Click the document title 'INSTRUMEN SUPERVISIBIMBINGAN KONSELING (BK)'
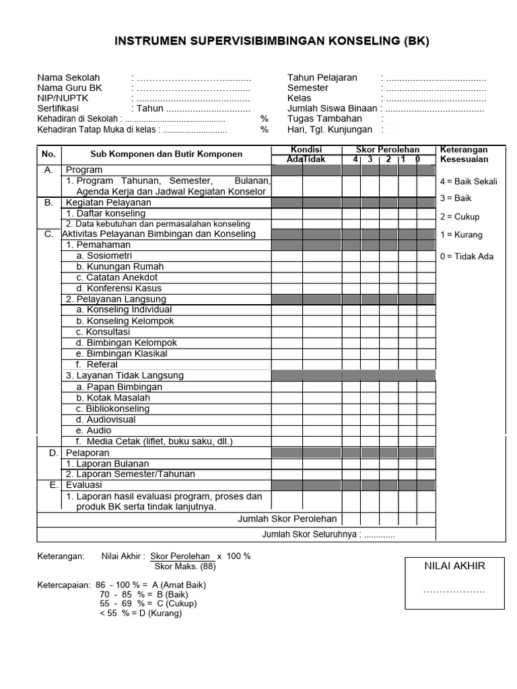coord(272,42)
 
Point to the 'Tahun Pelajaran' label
coord(322,77)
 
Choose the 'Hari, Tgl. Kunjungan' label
coord(329,129)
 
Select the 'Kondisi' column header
coord(306,149)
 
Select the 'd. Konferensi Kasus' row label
coord(120,288)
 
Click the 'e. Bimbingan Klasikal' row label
coord(122,353)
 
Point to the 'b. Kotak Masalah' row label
coord(113,398)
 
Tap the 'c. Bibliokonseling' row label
coord(113,408)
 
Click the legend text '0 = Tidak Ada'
coord(467,256)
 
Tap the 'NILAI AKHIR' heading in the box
coord(454,565)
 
